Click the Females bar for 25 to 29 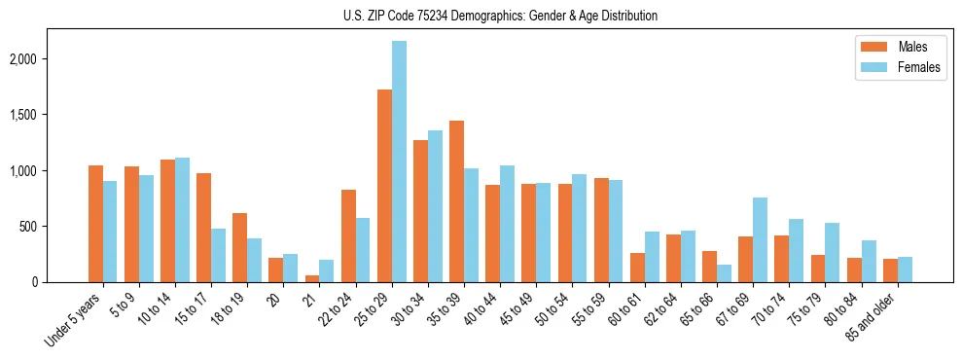(x=399, y=162)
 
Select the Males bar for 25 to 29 (x=384, y=186)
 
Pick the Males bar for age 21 (x=312, y=278)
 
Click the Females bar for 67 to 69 (x=760, y=239)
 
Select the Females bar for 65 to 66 (x=724, y=273)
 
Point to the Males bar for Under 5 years (x=95, y=224)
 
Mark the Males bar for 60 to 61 (x=637, y=268)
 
